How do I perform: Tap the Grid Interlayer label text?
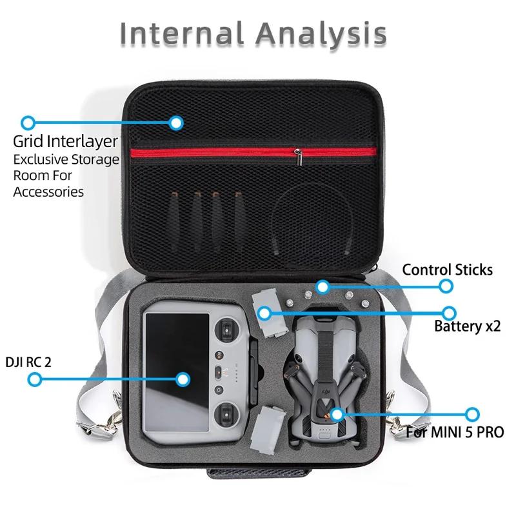66,141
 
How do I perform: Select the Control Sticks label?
447,270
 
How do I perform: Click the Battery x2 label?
467,326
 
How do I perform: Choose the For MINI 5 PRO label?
455,432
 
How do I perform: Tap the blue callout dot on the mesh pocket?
176,123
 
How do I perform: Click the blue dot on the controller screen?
183,379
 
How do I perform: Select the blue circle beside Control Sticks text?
445,286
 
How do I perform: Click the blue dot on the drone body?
335,413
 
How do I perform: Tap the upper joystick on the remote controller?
228,332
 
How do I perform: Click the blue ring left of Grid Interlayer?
28,123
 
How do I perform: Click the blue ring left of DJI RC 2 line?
35,379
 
